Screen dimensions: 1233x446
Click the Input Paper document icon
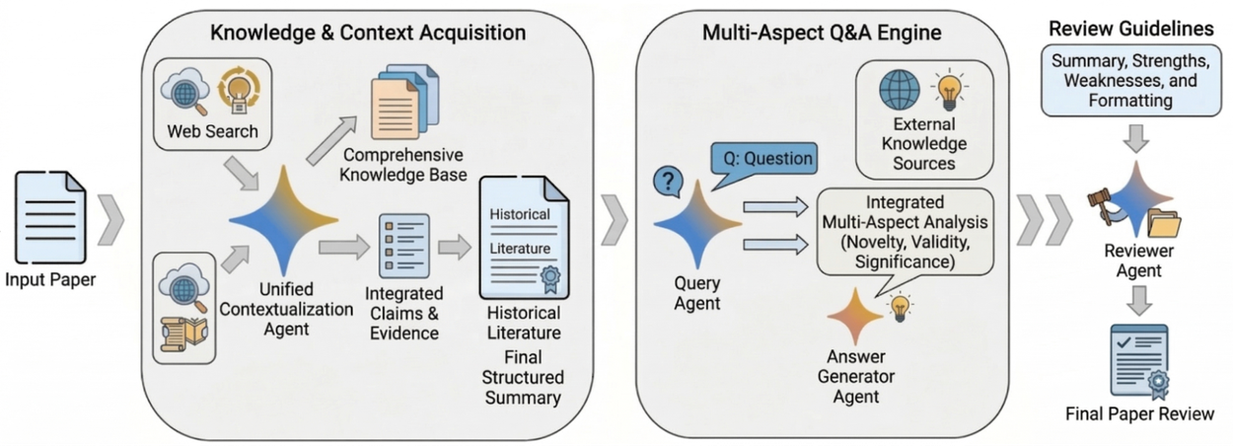pyautogui.click(x=50, y=217)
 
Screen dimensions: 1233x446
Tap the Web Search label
pyautogui.click(x=212, y=131)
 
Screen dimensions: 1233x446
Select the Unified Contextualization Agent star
pyautogui.click(x=283, y=220)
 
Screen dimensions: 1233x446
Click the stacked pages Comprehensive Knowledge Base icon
pyautogui.click(x=405, y=102)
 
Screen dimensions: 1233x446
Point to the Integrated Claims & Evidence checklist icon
pyautogui.click(x=404, y=246)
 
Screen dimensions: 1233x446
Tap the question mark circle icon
pyautogui.click(x=668, y=182)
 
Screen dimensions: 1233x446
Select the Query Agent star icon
pyautogui.click(x=697, y=224)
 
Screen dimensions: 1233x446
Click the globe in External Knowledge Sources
pyautogui.click(x=900, y=89)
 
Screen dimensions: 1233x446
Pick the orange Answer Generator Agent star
pyautogui.click(x=855, y=316)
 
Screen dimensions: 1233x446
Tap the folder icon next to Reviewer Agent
pyautogui.click(x=1164, y=224)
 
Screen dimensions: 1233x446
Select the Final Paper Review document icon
pyautogui.click(x=1139, y=361)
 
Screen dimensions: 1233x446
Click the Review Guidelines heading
pyautogui.click(x=1131, y=29)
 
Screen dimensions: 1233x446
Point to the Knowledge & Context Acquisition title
pyautogui.click(x=368, y=33)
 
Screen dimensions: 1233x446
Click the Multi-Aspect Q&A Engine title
pyautogui.click(x=822, y=33)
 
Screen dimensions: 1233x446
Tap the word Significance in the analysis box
pyautogui.click(x=905, y=261)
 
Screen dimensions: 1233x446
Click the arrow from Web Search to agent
pyautogui.click(x=242, y=173)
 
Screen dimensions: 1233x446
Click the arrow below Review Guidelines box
pyautogui.click(x=1135, y=138)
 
